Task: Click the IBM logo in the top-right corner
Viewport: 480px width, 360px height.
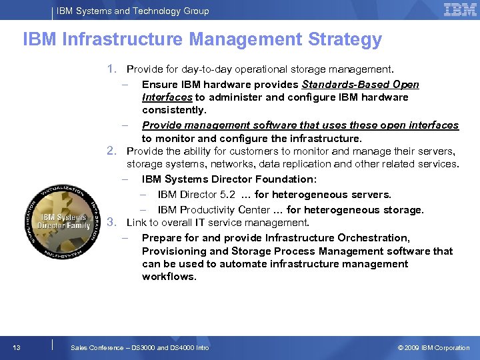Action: tap(460, 10)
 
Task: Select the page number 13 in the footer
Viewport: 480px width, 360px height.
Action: tap(17, 347)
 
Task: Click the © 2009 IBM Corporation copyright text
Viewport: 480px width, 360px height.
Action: tap(433, 347)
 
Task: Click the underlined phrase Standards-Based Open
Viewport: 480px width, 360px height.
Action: tap(361, 85)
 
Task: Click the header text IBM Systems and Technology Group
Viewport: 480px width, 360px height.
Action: tap(133, 11)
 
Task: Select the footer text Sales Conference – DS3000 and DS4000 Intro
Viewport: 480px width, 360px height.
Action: tap(139, 347)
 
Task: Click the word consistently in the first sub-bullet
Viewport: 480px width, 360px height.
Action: tap(174, 110)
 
